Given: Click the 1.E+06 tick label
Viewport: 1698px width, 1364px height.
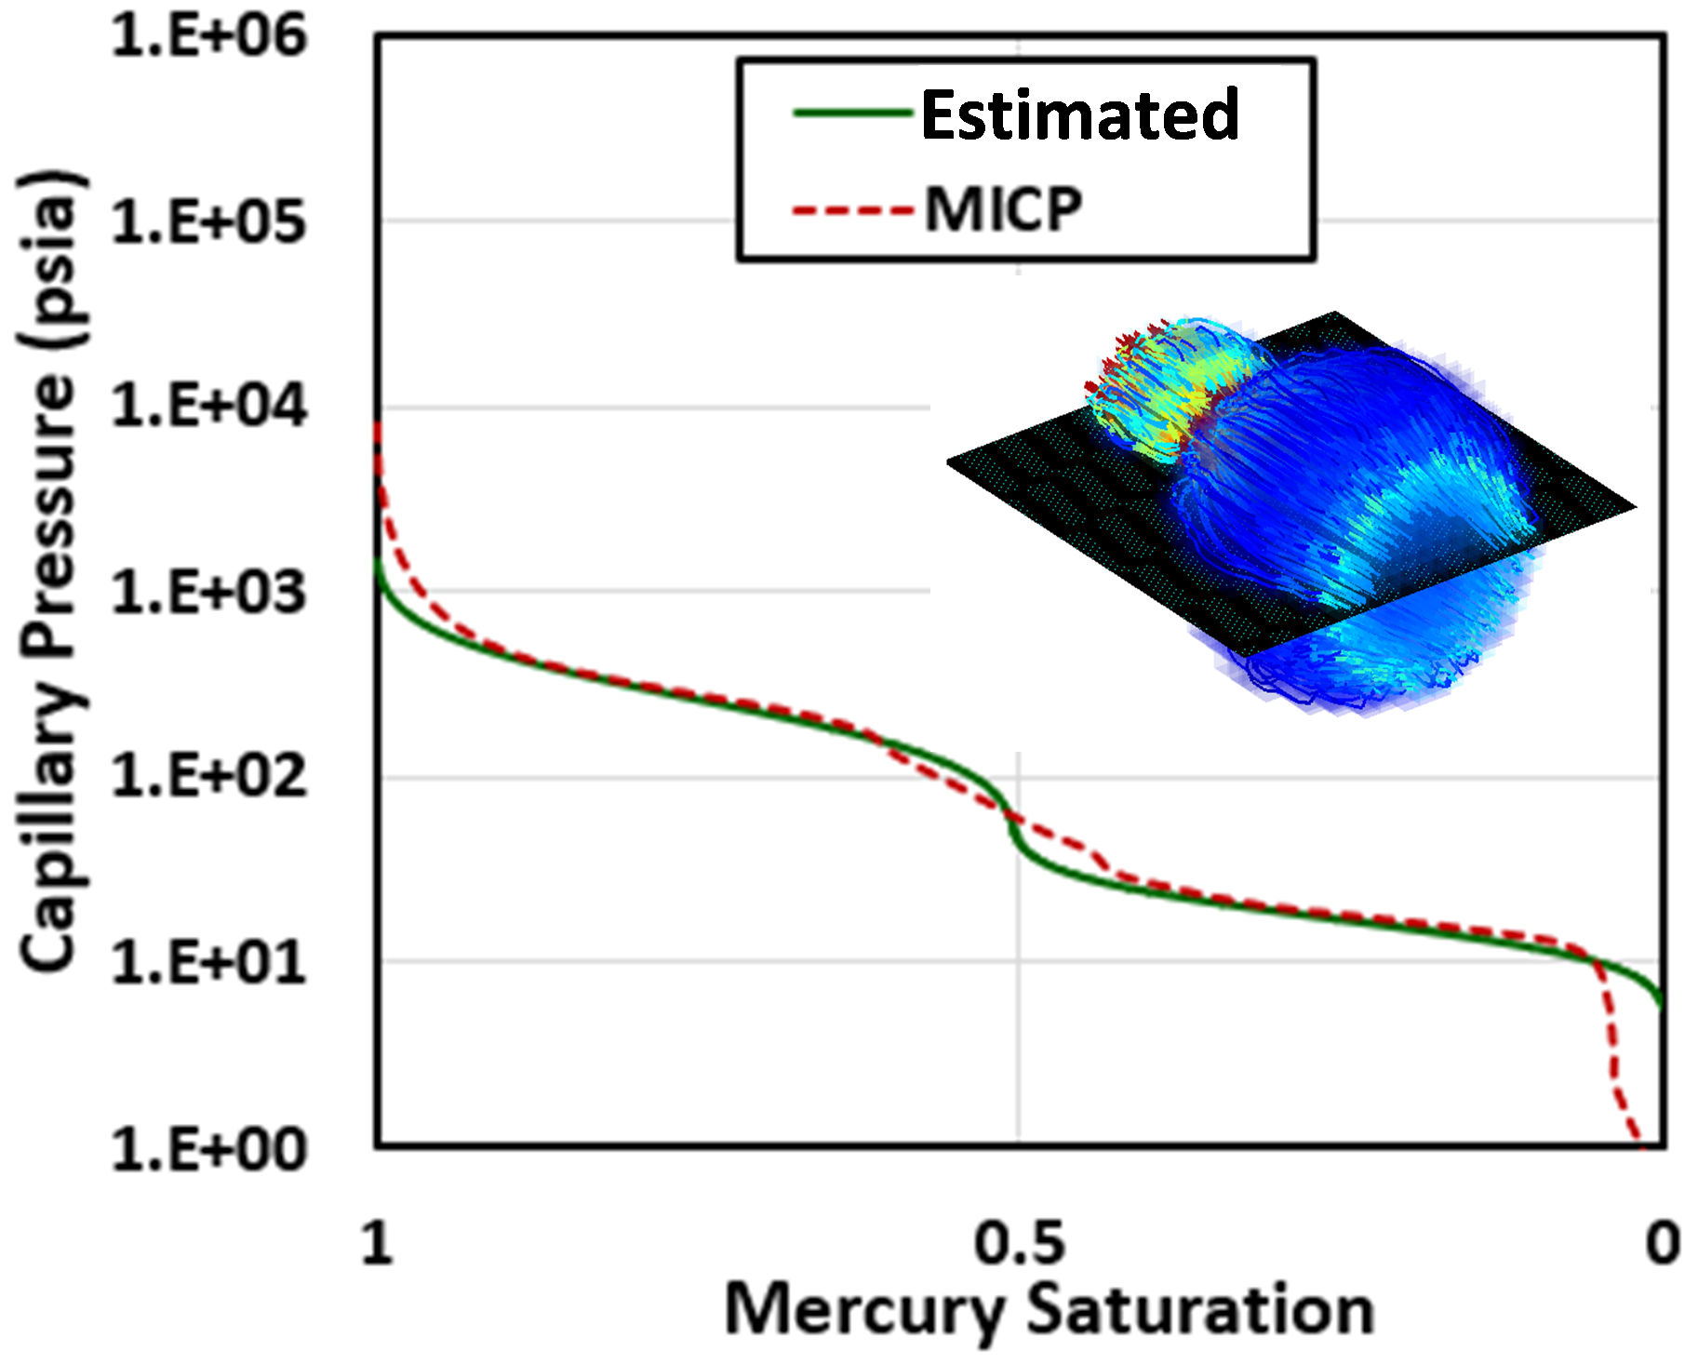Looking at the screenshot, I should [208, 37].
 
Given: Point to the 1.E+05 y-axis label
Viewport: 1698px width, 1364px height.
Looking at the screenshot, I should [208, 223].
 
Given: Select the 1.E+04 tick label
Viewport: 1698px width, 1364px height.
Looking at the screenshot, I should [208, 407].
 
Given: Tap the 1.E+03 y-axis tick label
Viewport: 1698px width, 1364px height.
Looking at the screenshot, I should [208, 592].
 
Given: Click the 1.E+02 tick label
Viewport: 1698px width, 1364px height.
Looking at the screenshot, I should [208, 776].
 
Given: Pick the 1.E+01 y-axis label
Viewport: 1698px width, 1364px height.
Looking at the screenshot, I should [208, 962].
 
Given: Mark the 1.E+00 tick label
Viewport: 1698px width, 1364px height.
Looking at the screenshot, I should [208, 1150].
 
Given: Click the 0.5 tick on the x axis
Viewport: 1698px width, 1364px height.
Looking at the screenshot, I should [1019, 1243].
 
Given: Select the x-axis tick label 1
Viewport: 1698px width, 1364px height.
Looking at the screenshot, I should [377, 1243].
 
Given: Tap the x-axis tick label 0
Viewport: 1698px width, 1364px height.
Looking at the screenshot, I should [1662, 1243].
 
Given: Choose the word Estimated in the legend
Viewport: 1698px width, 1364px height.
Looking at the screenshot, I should [1079, 115].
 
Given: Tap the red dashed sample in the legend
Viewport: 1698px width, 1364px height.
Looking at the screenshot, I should [851, 210].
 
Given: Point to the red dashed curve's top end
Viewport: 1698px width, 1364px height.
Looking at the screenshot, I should [378, 426].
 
